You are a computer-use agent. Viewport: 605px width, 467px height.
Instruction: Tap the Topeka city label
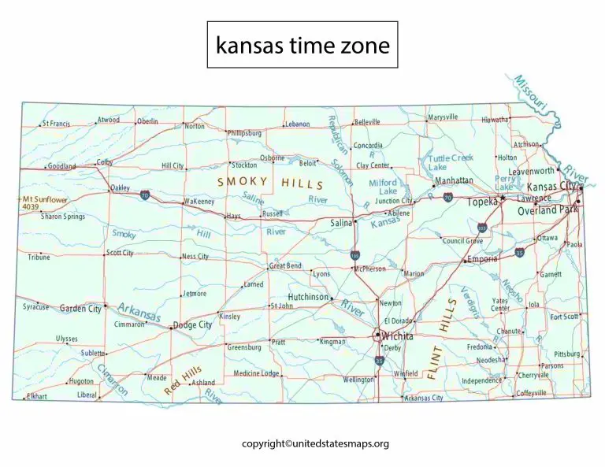[482, 202]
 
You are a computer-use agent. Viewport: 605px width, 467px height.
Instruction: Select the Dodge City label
[192, 324]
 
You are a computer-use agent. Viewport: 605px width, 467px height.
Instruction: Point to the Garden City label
[80, 309]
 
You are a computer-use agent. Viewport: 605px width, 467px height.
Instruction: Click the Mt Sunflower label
[45, 200]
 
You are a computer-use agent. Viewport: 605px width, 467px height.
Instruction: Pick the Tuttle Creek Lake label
[450, 162]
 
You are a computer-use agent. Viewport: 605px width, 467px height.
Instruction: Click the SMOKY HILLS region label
[270, 183]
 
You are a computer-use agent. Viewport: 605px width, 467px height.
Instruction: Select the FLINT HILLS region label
[442, 339]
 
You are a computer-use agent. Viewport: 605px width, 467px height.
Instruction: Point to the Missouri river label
[530, 94]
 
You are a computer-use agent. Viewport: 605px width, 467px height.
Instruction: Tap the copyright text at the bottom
[315, 444]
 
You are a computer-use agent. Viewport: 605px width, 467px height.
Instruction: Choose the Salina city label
[340, 223]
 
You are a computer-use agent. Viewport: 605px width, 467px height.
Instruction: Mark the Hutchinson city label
[306, 297]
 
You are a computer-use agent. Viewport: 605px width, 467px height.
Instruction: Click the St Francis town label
[56, 124]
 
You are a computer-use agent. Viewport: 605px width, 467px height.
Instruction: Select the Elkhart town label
[37, 395]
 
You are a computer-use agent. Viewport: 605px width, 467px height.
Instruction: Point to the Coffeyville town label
[531, 392]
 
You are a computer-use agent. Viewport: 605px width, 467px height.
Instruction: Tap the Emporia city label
[482, 258]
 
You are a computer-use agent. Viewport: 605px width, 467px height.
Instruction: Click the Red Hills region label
[183, 381]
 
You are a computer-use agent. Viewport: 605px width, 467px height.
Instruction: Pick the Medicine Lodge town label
[257, 373]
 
